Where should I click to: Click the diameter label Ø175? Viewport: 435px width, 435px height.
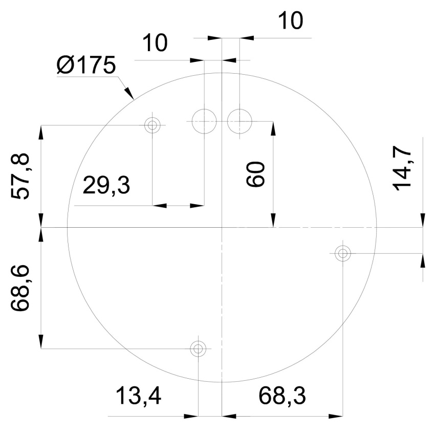[x=86, y=65]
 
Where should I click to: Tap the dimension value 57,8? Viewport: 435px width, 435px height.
[x=20, y=176]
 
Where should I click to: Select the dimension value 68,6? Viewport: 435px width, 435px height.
[x=20, y=288]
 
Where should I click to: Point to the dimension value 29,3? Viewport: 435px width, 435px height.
[x=106, y=185]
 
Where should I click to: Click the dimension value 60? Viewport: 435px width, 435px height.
[x=255, y=174]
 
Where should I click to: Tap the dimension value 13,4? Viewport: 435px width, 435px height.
[x=138, y=396]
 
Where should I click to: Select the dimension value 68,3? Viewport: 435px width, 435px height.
[x=282, y=396]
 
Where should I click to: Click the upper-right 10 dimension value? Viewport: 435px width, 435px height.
[x=290, y=21]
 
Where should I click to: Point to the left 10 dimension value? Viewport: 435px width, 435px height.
[x=155, y=43]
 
